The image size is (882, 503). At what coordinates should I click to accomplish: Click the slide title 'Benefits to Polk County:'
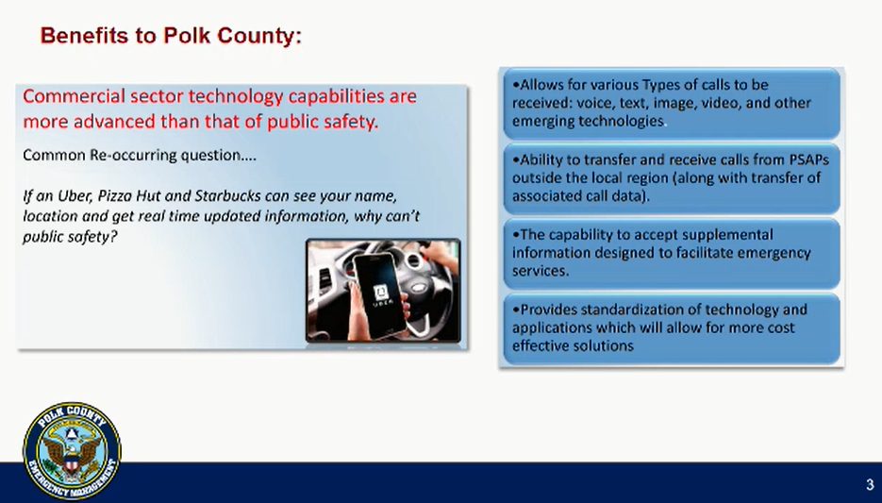(171, 36)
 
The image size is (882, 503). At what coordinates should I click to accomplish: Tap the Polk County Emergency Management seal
(72, 451)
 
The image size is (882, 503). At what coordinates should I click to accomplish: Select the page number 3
(870, 484)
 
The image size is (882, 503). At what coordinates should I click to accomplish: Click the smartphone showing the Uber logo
(381, 293)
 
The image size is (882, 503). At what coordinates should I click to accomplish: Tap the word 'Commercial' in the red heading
(75, 96)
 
